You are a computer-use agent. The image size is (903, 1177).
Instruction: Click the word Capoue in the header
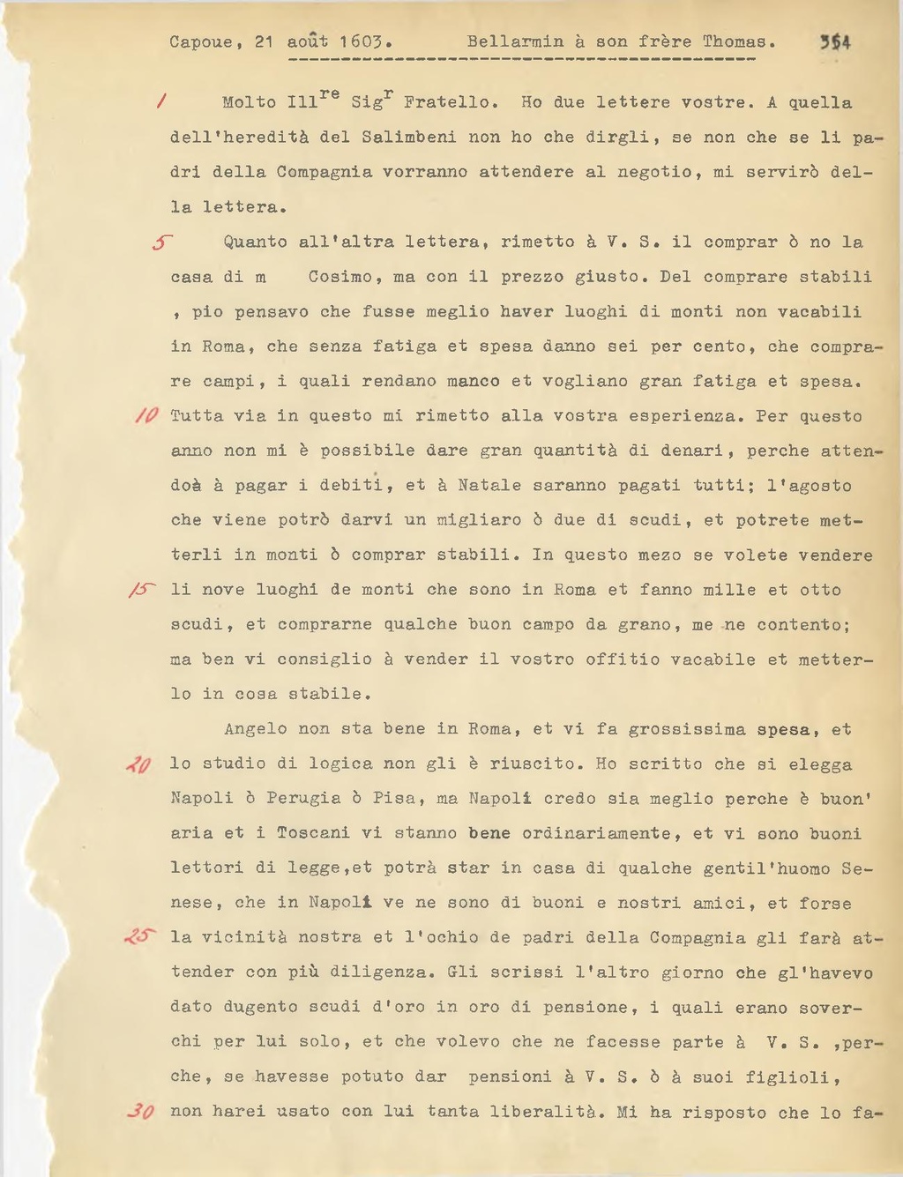pyautogui.click(x=201, y=42)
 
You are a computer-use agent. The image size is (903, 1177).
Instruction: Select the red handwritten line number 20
pyautogui.click(x=139, y=764)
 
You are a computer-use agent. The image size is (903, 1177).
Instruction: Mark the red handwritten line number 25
pyautogui.click(x=139, y=937)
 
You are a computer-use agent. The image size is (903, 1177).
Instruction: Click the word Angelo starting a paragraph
pyautogui.click(x=255, y=729)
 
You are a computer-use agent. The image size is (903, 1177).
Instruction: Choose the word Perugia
pyautogui.click(x=302, y=799)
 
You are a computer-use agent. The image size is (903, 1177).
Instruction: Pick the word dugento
pyautogui.click(x=260, y=1007)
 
